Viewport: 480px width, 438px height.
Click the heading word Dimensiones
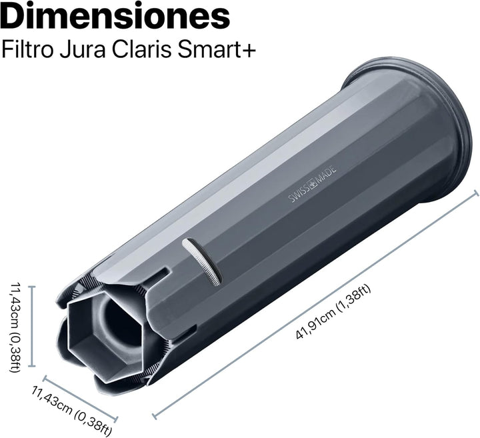115,15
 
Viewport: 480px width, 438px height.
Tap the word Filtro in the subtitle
27,49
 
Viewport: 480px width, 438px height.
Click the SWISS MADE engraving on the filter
313,184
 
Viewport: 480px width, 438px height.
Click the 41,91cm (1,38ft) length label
333,312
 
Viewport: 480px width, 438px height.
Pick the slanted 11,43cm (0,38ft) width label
71,411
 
